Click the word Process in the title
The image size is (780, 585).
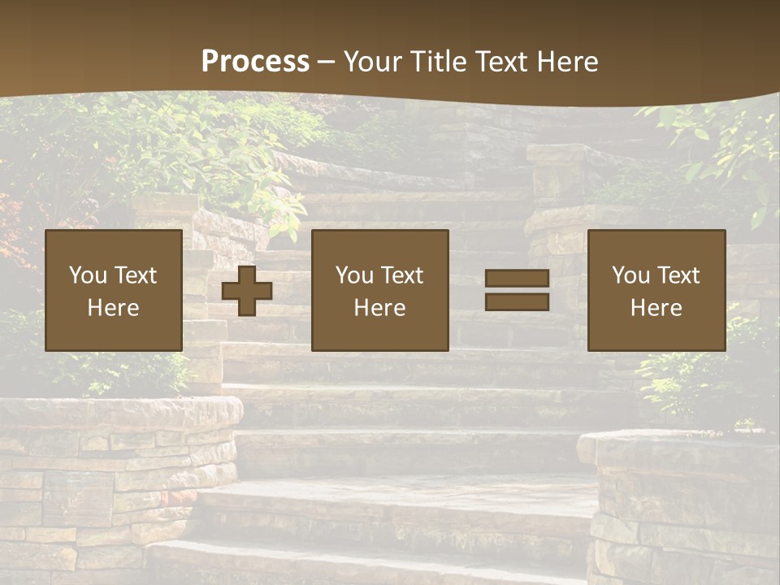pos(255,62)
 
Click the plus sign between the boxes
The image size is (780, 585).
pos(247,291)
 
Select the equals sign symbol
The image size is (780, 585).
pos(517,290)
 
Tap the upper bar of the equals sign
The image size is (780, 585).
pos(517,279)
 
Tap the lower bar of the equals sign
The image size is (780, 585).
pos(517,301)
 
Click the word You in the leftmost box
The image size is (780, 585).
pos(87,275)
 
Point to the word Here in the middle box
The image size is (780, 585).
pos(380,308)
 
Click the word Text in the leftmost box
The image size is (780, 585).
pos(135,275)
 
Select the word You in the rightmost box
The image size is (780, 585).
pos(630,275)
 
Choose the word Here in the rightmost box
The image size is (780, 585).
pos(656,308)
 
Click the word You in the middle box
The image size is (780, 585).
pos(354,275)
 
